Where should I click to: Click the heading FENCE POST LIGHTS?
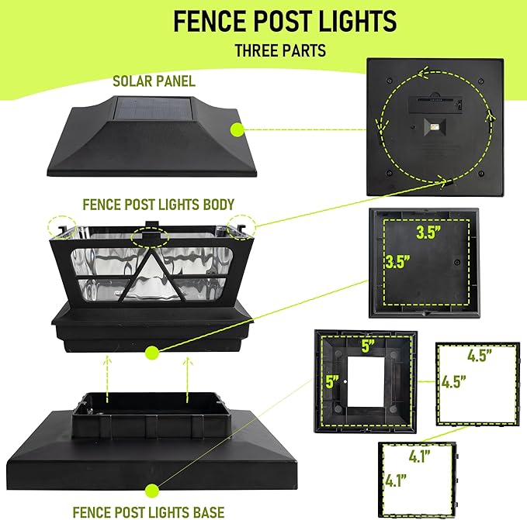284,22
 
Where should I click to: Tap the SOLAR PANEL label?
154,80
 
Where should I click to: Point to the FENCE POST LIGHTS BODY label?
159,205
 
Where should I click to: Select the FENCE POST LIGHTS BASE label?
149,511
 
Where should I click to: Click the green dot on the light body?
153,353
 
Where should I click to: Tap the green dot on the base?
154,490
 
